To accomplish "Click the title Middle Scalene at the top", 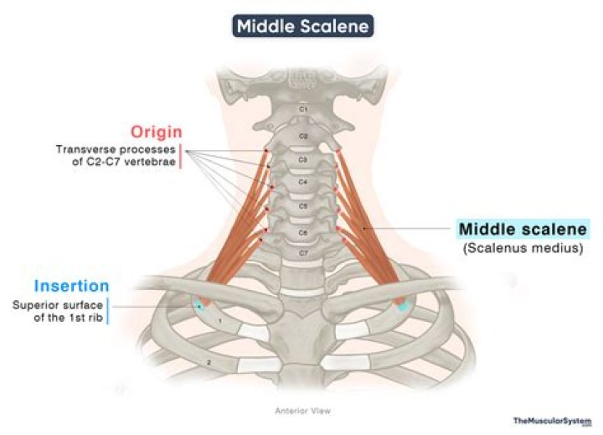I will coord(301,26).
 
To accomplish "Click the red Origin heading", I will coord(156,132).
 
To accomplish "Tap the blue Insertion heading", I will coord(72,286).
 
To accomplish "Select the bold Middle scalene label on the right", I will coord(523,229).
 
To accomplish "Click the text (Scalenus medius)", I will coord(523,248).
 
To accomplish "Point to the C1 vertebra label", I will coord(304,110).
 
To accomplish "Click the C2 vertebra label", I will coord(304,135).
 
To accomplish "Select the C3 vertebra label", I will coord(303,159).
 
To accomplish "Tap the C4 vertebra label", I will coord(303,182).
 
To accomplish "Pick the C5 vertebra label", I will coord(303,205).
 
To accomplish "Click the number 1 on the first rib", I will coord(219,321).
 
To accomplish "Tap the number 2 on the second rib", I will coord(209,361).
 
